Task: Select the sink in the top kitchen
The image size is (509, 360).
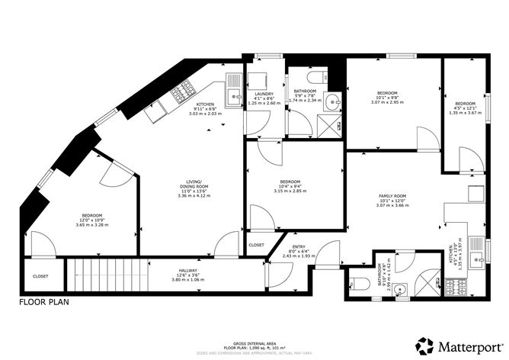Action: pos(232,79)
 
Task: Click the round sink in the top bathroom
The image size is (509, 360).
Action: pos(334,99)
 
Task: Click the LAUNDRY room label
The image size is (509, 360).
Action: pos(264,95)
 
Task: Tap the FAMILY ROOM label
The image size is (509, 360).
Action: pos(393,197)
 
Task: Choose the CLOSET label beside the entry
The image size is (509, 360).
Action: pos(257,245)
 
